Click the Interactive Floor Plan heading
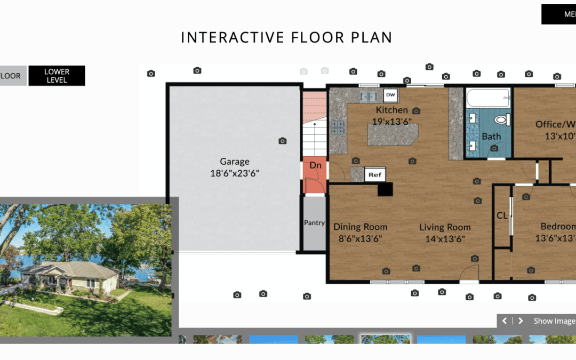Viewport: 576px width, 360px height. pos(286,37)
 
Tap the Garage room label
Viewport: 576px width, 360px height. pos(235,167)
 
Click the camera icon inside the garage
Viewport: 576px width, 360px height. pos(283,141)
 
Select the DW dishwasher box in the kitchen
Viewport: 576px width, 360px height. pos(390,95)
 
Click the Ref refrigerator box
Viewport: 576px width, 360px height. pos(375,174)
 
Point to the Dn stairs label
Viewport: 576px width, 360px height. pos(315,165)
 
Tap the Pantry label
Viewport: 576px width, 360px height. pos(314,223)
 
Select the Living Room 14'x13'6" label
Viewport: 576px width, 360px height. pos(445,233)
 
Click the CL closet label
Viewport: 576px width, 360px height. pos(502,216)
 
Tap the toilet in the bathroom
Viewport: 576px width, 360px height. pos(502,119)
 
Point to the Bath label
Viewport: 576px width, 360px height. pos(491,137)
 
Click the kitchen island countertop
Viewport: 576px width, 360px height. pos(391,134)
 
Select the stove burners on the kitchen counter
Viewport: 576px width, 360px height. pos(338,127)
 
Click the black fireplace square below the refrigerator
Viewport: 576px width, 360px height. pos(385,189)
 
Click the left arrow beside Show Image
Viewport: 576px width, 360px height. pos(505,321)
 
